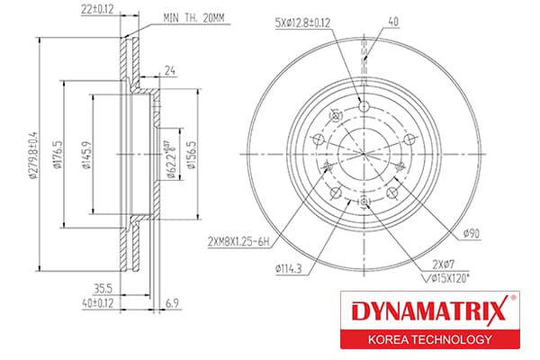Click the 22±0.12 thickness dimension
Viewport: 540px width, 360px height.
pos(97,9)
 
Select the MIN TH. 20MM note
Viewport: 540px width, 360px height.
pos(193,18)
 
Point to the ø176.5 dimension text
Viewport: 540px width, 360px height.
pos(58,154)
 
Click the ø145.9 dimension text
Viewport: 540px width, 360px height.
pos(86,154)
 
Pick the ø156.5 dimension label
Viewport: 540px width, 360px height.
pos(191,155)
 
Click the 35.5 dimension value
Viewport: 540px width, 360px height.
pos(103,288)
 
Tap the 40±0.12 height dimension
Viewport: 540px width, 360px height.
pos(98,303)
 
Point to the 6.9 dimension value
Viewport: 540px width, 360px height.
pos(172,303)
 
